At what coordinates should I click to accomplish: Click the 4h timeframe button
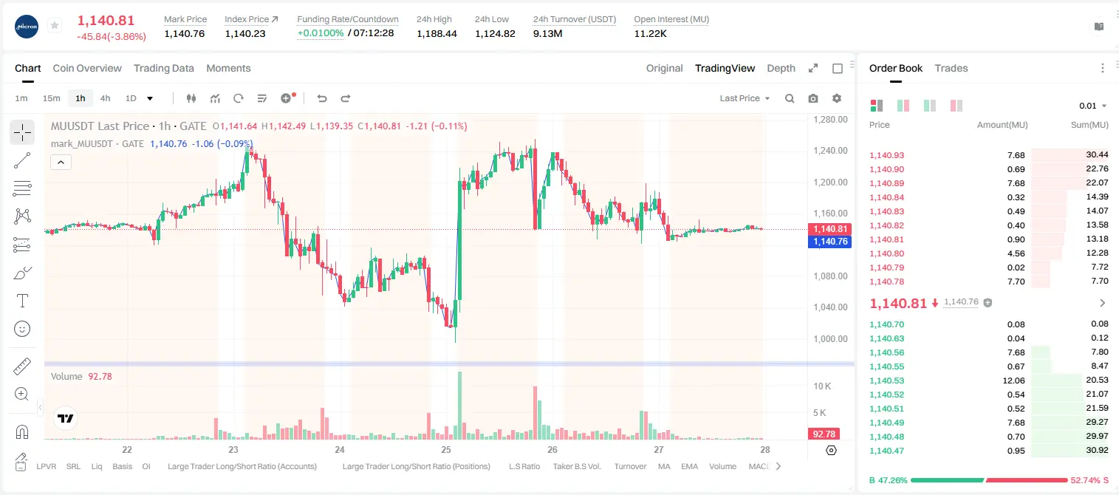(105, 98)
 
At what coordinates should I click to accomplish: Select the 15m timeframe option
(52, 98)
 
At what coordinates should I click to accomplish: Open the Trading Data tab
(164, 68)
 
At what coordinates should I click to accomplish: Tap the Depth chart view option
(781, 68)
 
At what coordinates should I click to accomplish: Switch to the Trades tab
(951, 68)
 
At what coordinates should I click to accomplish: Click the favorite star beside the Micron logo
(55, 25)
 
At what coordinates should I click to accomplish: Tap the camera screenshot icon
(813, 98)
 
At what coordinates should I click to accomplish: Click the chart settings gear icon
(837, 98)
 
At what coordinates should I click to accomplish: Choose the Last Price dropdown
(745, 98)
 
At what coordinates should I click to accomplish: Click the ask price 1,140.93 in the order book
(887, 155)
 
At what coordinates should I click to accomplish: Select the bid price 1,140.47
(887, 451)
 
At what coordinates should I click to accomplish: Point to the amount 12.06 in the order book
(1013, 380)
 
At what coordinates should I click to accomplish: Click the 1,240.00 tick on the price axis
(830, 151)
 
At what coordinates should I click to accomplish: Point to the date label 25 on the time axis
(446, 449)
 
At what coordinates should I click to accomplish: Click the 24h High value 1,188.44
(437, 33)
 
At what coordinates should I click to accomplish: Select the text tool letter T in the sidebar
(22, 301)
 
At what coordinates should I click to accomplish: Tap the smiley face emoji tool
(22, 329)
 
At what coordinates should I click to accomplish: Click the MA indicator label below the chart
(664, 466)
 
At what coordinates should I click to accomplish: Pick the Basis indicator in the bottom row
(123, 466)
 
